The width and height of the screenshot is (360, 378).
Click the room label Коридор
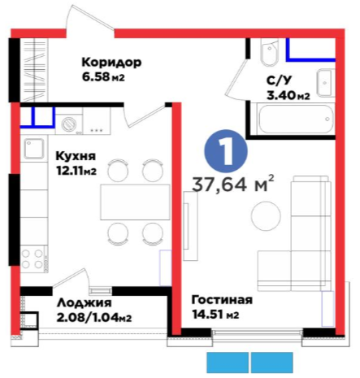(111, 63)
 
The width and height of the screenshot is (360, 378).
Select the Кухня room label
(76, 156)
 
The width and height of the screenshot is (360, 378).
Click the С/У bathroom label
(280, 80)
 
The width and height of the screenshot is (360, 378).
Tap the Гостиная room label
(222, 300)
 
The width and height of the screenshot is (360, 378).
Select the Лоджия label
(85, 303)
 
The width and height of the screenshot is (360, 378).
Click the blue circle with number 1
(227, 151)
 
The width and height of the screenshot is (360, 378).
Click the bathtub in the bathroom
(296, 119)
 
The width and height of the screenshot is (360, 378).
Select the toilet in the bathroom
(270, 52)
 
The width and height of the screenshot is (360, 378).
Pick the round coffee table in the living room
(266, 215)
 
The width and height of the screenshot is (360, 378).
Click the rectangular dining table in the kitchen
(135, 202)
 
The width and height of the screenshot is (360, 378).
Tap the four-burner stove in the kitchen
(33, 259)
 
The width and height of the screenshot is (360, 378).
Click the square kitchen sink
(34, 148)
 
